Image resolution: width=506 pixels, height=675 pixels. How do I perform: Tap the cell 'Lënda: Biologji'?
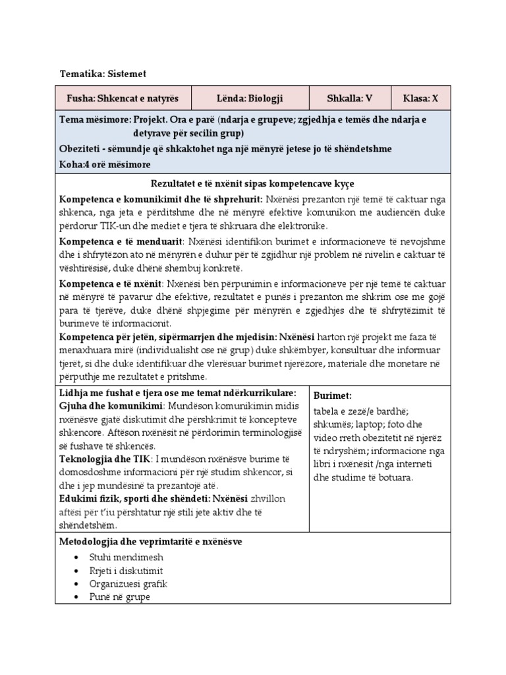(250, 98)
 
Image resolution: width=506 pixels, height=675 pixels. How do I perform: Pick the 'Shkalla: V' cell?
(349, 98)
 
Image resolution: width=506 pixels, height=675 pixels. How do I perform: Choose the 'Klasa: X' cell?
(420, 98)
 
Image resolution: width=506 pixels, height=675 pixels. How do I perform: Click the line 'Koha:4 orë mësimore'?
(105, 163)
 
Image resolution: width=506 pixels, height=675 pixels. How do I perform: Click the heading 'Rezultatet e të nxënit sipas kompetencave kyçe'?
(253, 183)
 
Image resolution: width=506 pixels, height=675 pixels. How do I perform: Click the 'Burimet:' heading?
(333, 396)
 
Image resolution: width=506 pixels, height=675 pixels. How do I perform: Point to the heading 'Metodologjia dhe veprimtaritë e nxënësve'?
(151, 542)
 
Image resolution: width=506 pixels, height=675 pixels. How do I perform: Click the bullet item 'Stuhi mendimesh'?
(126, 557)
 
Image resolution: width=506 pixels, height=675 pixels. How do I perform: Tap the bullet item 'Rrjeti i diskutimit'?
(126, 570)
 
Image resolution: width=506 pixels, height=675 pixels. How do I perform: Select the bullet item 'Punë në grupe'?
(121, 597)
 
